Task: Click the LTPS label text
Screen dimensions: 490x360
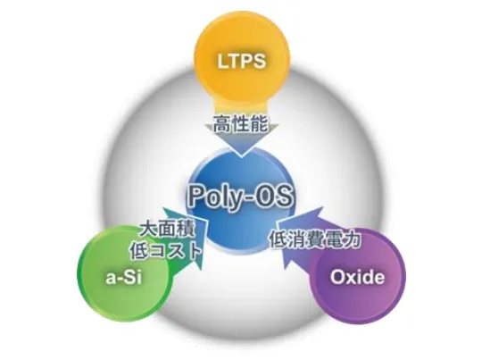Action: click(x=242, y=61)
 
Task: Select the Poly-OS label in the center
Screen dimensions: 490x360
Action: click(x=240, y=196)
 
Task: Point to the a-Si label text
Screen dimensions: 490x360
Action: click(x=124, y=277)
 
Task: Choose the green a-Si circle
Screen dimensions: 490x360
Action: click(x=125, y=275)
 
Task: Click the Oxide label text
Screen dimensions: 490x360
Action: click(x=358, y=277)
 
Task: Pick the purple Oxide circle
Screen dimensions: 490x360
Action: click(x=357, y=276)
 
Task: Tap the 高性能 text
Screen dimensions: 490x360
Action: click(x=241, y=123)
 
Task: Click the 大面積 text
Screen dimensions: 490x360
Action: click(x=167, y=230)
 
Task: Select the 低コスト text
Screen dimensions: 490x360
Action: click(x=166, y=250)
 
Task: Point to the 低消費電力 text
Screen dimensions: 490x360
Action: click(x=315, y=239)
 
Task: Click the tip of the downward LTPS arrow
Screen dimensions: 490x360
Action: click(x=242, y=156)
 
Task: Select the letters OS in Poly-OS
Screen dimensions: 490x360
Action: click(x=273, y=196)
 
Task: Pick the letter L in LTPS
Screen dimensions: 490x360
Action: click(x=222, y=61)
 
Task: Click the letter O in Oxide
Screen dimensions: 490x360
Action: click(x=337, y=277)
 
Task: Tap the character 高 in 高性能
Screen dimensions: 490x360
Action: click(x=222, y=123)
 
